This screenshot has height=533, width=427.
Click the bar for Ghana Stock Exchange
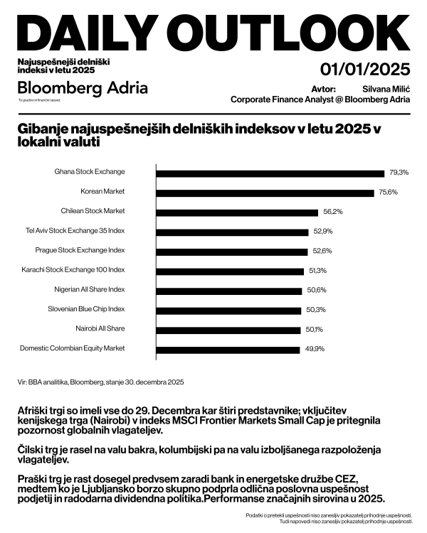pos(270,172)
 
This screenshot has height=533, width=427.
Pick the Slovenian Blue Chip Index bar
pos(228,309)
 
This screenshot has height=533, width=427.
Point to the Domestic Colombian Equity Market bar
pos(228,348)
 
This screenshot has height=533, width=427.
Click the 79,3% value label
pos(399,173)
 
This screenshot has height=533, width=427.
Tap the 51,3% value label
pos(317,270)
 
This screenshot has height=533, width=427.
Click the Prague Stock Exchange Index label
pos(80,250)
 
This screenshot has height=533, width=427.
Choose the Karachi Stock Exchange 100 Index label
pos(74,270)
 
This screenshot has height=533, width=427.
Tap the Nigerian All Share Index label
pos(90,289)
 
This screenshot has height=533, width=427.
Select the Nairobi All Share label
pos(100,328)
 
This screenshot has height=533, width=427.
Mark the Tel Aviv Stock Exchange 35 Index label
pos(75,231)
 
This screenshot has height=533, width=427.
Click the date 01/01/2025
pos(365,70)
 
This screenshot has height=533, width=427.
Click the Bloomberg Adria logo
pos(83,88)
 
